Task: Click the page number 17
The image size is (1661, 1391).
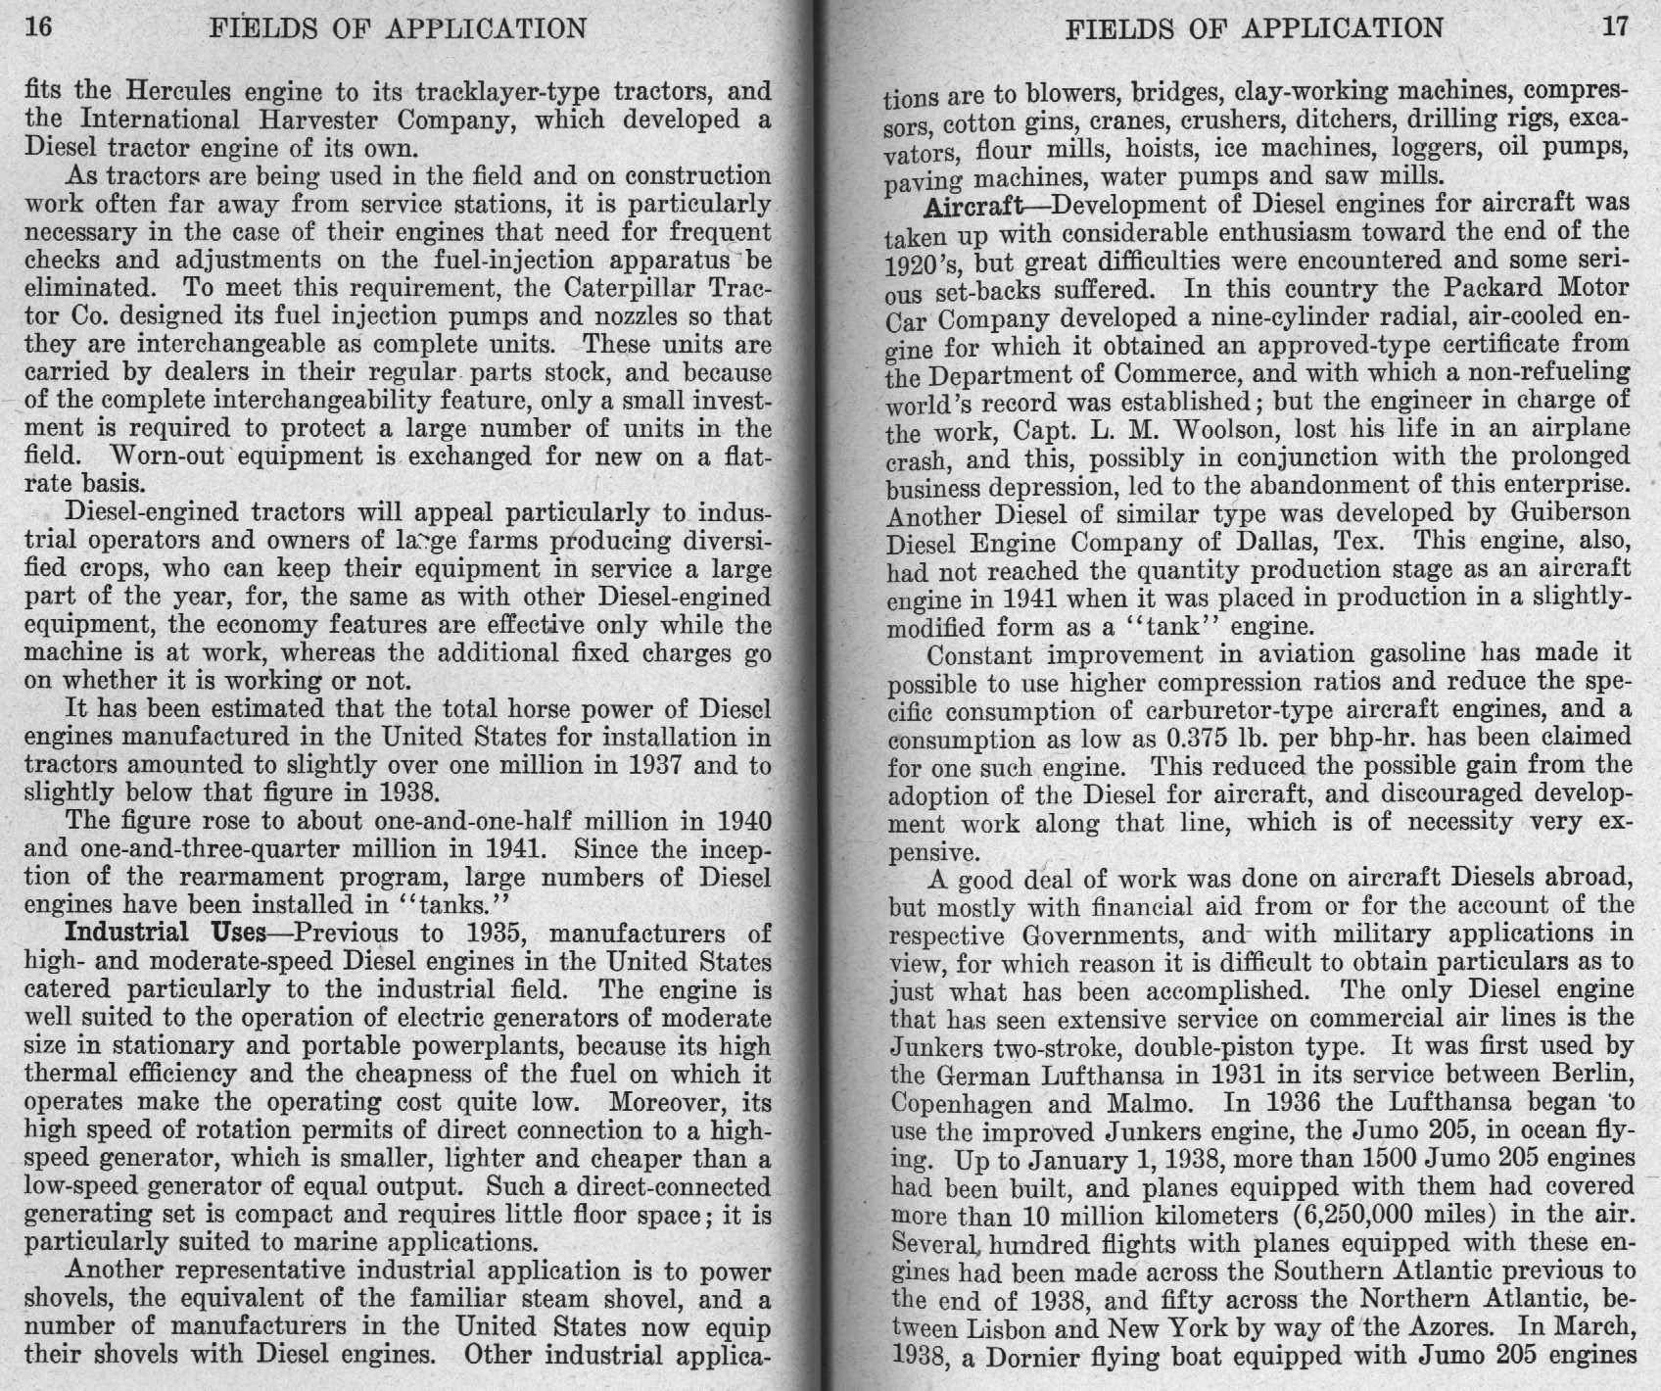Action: coord(1615,26)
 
